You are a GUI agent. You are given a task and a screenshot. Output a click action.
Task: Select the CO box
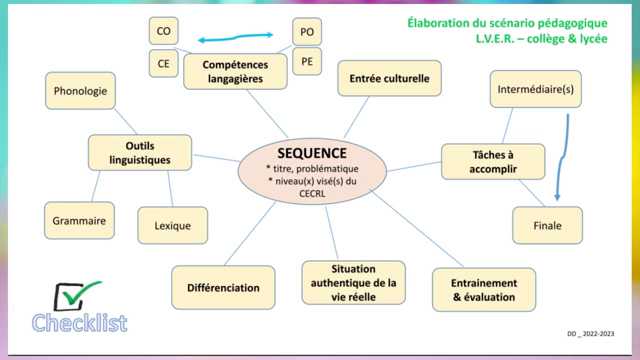[x=163, y=31]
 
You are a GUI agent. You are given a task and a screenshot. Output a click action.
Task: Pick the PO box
[x=307, y=32]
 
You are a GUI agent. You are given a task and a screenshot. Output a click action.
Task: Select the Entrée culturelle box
[x=383, y=77]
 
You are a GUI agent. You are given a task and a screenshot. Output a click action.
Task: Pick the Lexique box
[x=172, y=225]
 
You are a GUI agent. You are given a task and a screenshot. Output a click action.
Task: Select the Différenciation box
[x=223, y=287]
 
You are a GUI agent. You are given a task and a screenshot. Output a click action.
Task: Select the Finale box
[x=547, y=225]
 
